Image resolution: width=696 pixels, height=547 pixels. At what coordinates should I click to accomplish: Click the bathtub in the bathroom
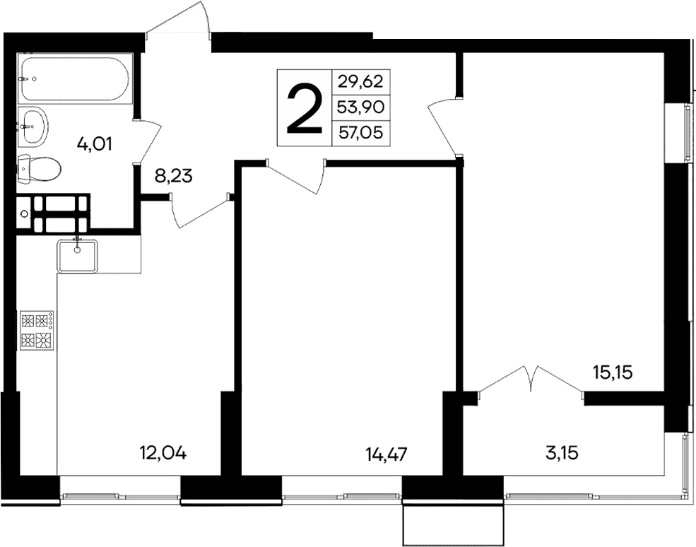pos(74,79)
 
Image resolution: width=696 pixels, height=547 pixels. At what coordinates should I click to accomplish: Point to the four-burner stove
pos(37,329)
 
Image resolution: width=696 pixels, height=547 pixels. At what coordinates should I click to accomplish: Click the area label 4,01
pos(95,145)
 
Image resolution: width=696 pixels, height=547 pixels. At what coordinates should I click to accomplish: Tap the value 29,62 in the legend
pos(360,81)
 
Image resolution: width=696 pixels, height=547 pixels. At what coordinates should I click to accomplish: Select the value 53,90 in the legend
pos(360,107)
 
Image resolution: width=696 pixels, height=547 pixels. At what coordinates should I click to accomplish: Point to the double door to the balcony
pos(531,382)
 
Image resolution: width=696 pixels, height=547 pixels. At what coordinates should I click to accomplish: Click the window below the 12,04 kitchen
pos(119,497)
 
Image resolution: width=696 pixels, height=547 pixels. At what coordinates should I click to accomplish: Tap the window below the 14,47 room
pos(343,496)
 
